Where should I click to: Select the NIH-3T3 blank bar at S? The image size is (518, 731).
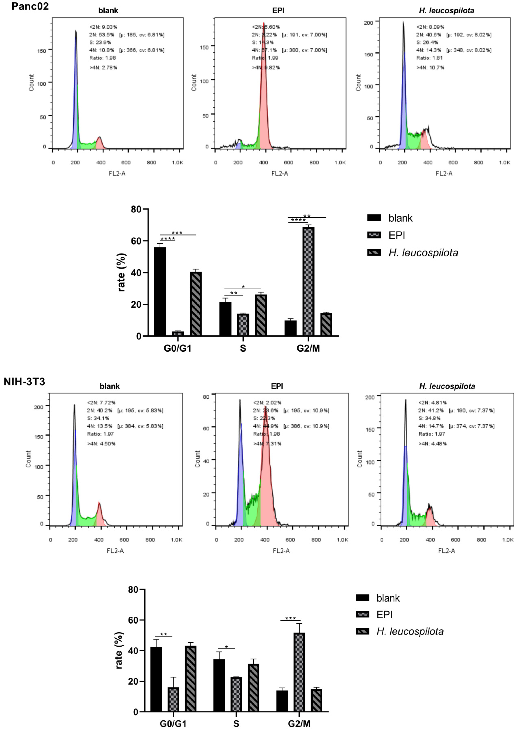tap(219, 685)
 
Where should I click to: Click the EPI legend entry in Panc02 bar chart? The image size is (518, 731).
tap(397, 235)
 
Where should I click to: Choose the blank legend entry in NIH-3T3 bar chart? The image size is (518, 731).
tap(388, 598)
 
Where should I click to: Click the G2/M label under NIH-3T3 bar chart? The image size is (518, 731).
tap(299, 724)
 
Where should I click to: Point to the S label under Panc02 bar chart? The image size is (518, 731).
tap(243, 348)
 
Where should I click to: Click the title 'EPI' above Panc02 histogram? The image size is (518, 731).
tap(278, 11)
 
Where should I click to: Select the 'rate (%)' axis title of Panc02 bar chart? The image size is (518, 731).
tap(121, 272)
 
